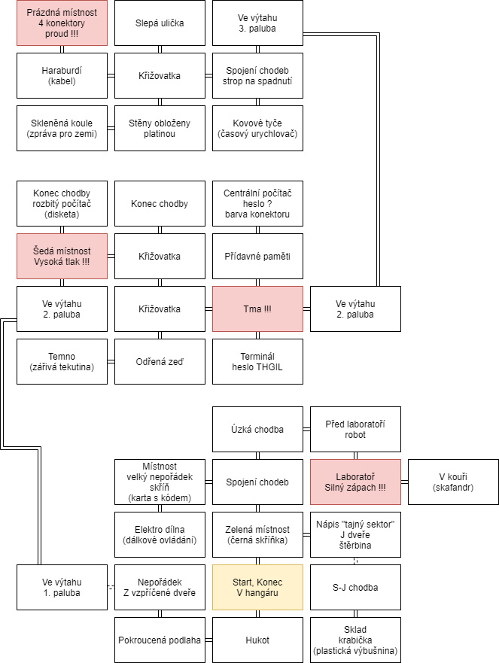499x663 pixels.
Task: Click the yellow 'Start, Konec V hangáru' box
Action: coord(257,587)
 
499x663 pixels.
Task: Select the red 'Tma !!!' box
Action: coord(257,309)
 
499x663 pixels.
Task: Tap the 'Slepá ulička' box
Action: coord(160,23)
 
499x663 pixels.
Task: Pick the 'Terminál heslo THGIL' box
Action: coord(257,361)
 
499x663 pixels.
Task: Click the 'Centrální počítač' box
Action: coord(257,203)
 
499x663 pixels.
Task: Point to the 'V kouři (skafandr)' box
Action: coord(453,482)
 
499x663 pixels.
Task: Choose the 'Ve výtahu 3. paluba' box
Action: coord(257,23)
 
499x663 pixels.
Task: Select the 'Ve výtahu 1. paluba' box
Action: coord(62,587)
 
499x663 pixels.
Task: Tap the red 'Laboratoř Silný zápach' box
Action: coord(356,482)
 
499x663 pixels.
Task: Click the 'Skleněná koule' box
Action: coord(62,128)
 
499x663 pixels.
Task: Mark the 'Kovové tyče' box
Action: coord(257,128)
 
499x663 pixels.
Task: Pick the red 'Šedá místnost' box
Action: coord(62,256)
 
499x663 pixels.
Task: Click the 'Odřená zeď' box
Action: coord(160,361)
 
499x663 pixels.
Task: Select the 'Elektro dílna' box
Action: coord(160,534)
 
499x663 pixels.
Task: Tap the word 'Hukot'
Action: coord(257,640)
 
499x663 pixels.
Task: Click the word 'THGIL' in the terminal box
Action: coord(269,367)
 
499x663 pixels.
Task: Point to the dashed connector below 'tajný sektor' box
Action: coord(356,561)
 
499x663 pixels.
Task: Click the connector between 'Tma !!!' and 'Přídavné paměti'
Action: coord(257,282)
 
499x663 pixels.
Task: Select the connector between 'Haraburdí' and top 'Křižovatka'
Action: coord(111,76)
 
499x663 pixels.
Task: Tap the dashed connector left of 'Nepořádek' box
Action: coord(111,587)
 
